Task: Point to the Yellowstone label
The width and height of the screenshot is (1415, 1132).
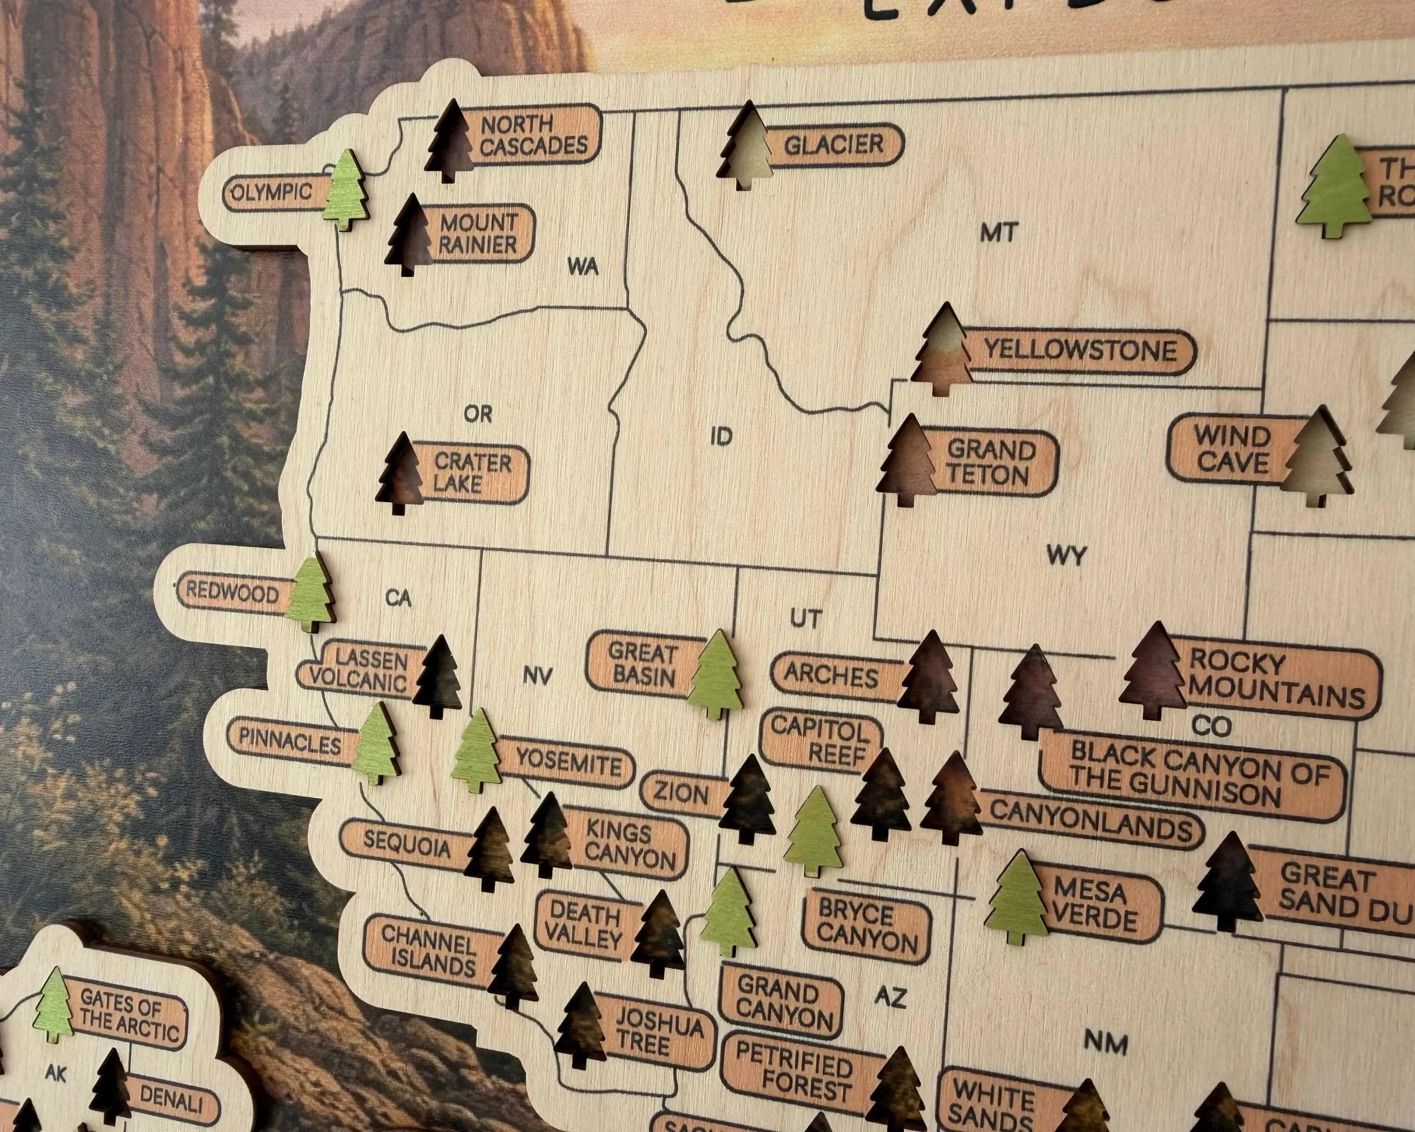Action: tap(1080, 350)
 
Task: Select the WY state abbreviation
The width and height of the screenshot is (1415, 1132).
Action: tap(1066, 556)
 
